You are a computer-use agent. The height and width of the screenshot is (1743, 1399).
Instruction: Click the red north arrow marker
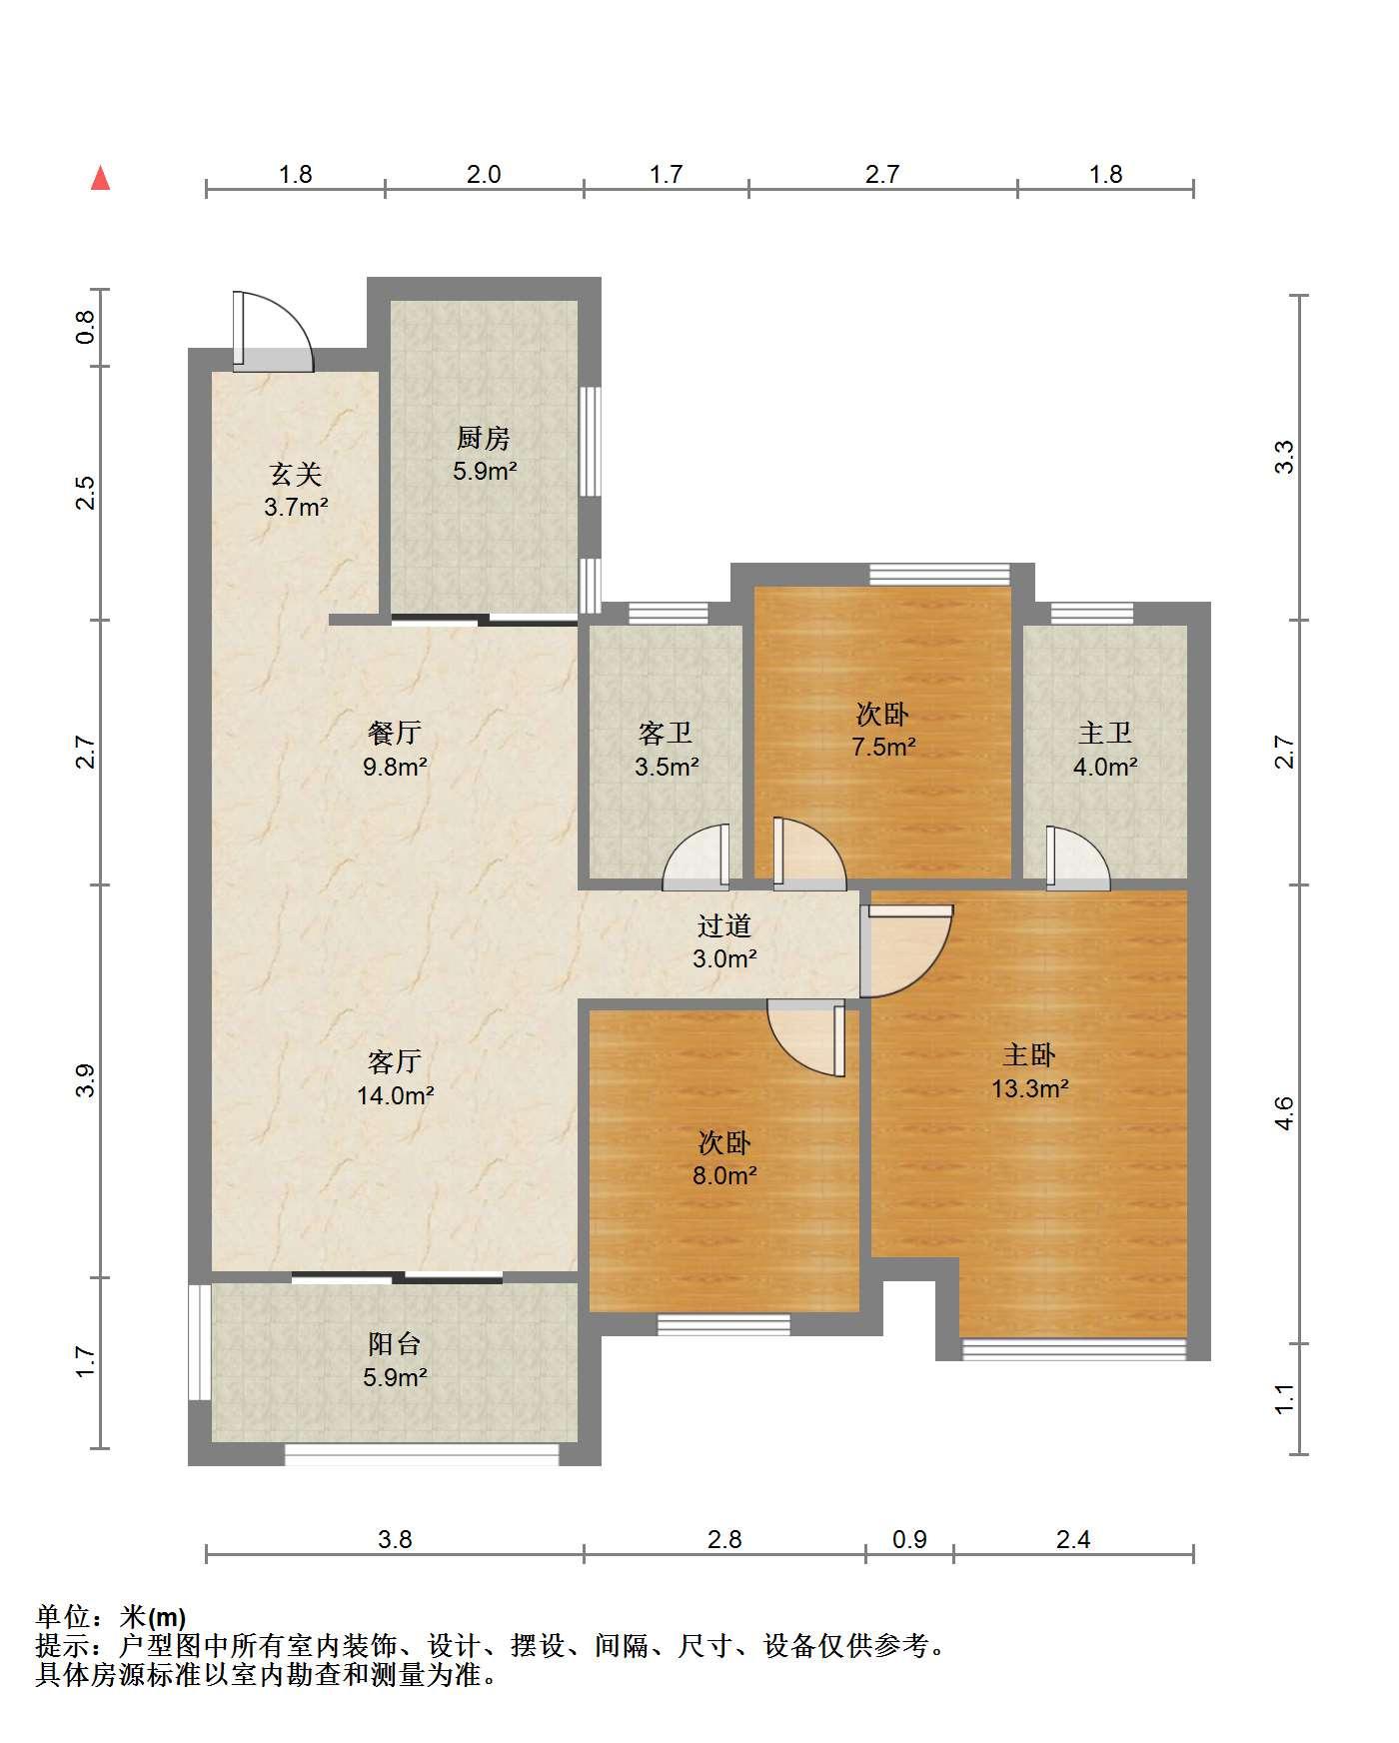point(100,178)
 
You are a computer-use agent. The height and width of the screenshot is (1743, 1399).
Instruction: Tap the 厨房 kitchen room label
point(484,438)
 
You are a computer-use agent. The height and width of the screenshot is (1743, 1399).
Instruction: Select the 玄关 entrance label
point(296,474)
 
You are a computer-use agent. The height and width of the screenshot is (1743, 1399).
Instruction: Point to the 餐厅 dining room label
point(395,734)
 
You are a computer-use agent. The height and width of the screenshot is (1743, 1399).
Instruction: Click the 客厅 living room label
point(395,1061)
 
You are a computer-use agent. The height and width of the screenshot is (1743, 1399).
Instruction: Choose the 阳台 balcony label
point(395,1343)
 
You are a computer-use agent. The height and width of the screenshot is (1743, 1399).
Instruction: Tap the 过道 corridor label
point(724,925)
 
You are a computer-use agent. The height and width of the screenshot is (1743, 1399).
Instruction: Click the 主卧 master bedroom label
point(1029,1055)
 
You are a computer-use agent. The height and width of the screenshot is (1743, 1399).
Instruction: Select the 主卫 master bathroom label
point(1105,734)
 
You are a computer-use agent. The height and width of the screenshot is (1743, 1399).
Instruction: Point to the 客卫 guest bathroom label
point(666,734)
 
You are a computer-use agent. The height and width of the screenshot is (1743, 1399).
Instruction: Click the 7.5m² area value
point(883,747)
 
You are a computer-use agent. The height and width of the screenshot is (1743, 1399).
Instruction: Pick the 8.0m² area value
point(724,1175)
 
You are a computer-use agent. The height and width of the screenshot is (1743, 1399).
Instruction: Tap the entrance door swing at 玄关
point(272,332)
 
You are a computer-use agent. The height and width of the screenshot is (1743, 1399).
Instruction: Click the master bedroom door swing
point(904,950)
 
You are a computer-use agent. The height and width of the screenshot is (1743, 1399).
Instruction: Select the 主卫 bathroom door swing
point(1077,858)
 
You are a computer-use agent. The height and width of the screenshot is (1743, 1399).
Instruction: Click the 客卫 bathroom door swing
point(697,857)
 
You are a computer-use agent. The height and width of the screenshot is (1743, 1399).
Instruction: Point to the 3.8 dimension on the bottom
point(395,1539)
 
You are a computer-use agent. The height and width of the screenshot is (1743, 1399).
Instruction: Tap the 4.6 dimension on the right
point(1285,1113)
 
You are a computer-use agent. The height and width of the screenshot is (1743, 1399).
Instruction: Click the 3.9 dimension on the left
point(86,1081)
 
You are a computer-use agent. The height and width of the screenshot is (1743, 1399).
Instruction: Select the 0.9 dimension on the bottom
point(909,1539)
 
